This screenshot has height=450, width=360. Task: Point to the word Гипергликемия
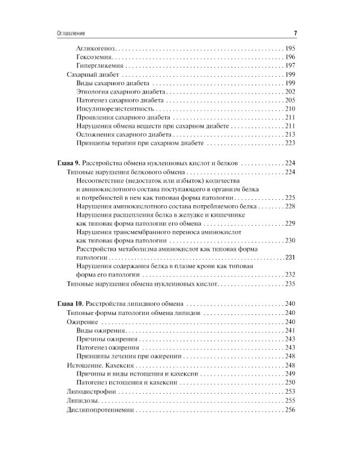[100, 65]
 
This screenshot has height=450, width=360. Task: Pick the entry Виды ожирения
[101, 331]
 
